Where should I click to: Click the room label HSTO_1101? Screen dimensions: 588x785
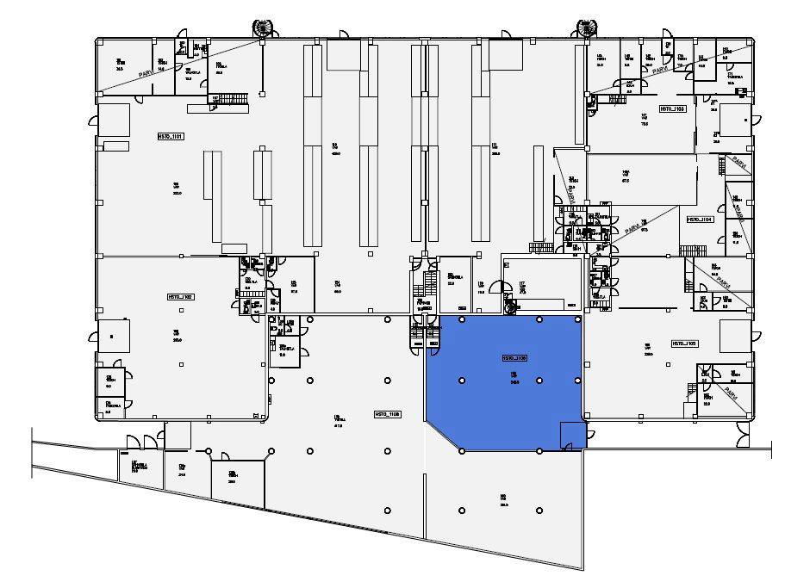[x=170, y=137]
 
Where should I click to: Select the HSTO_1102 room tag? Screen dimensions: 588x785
[x=180, y=296]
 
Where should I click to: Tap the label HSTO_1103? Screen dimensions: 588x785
[x=672, y=109]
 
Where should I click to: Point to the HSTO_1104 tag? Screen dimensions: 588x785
[x=700, y=220]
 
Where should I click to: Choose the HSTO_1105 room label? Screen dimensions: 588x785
[x=684, y=344]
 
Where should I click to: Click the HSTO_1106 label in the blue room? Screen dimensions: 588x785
[x=514, y=358]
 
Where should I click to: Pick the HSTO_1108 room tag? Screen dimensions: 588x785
[x=387, y=414]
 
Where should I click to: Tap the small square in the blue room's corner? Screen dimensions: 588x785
[x=572, y=435]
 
